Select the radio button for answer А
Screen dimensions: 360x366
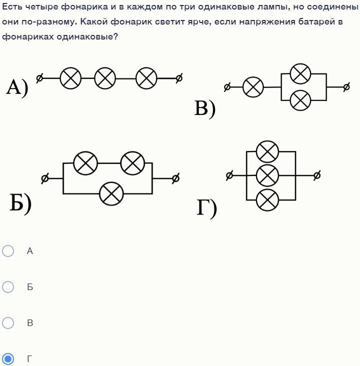[x=8, y=251]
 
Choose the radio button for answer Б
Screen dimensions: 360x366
[x=8, y=287]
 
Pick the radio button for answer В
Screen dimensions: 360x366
[x=8, y=323]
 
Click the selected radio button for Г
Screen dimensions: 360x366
[x=8, y=359]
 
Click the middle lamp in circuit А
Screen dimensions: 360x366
[x=105, y=78]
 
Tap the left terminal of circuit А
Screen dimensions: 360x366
[x=39, y=78]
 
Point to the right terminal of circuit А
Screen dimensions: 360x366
[x=179, y=78]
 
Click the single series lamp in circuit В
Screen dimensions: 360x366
[x=253, y=87]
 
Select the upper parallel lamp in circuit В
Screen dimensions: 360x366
[x=300, y=74]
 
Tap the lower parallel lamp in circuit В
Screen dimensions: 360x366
[x=300, y=100]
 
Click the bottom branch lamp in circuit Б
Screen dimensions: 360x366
[x=111, y=193]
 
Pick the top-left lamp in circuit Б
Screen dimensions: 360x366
[x=85, y=163]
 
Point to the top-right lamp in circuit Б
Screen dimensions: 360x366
[x=132, y=163]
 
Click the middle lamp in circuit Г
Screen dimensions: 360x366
[x=267, y=175]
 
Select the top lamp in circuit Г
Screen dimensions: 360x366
[x=267, y=151]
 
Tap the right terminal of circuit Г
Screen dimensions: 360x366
[x=317, y=175]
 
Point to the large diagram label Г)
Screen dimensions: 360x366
[x=206, y=208]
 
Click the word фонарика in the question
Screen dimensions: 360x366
[x=84, y=7]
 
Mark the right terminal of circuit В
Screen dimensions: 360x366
[x=346, y=87]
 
